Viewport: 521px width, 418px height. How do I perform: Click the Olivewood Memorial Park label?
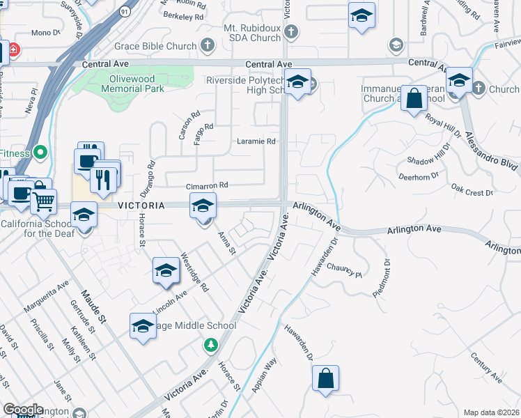click(132, 84)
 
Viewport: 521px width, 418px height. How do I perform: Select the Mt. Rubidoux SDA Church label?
click(241, 31)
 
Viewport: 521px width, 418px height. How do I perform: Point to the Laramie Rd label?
click(256, 141)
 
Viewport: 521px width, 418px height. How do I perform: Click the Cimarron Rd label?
click(207, 186)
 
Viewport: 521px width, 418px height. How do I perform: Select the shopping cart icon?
click(44, 202)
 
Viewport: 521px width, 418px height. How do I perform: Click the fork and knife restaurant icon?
click(103, 179)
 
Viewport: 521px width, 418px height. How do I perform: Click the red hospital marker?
click(13, 51)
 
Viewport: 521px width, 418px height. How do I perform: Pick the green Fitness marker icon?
click(41, 152)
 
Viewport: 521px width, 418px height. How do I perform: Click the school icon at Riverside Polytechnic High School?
click(297, 84)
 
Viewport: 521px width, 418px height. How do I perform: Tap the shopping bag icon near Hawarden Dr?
click(325, 379)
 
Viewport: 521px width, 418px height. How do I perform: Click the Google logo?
click(24, 410)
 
